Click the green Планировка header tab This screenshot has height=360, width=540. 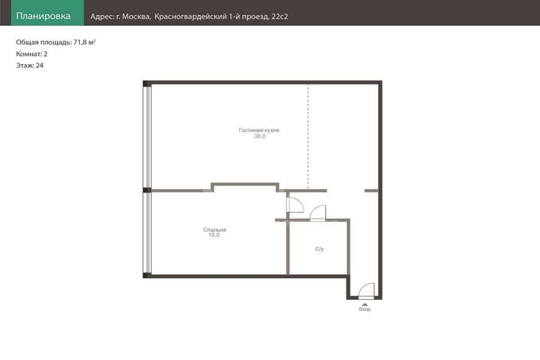[47, 13]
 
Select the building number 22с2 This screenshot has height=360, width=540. [280, 17]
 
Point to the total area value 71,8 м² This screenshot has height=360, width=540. [85, 43]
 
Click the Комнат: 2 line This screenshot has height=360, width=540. [32, 54]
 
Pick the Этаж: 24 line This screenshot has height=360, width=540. [29, 65]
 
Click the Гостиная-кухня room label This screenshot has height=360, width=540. [259, 130]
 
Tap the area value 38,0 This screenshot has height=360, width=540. [260, 136]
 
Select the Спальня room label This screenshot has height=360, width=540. [215, 230]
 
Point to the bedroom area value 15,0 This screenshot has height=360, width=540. [214, 235]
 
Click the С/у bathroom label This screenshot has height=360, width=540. [319, 249]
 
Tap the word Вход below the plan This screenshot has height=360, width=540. [365, 310]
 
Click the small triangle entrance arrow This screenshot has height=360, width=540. [365, 305]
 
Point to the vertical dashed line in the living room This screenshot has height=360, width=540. [308, 136]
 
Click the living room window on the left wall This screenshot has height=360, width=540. [148, 137]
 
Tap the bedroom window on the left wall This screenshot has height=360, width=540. [148, 233]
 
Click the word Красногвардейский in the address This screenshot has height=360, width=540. [190, 17]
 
